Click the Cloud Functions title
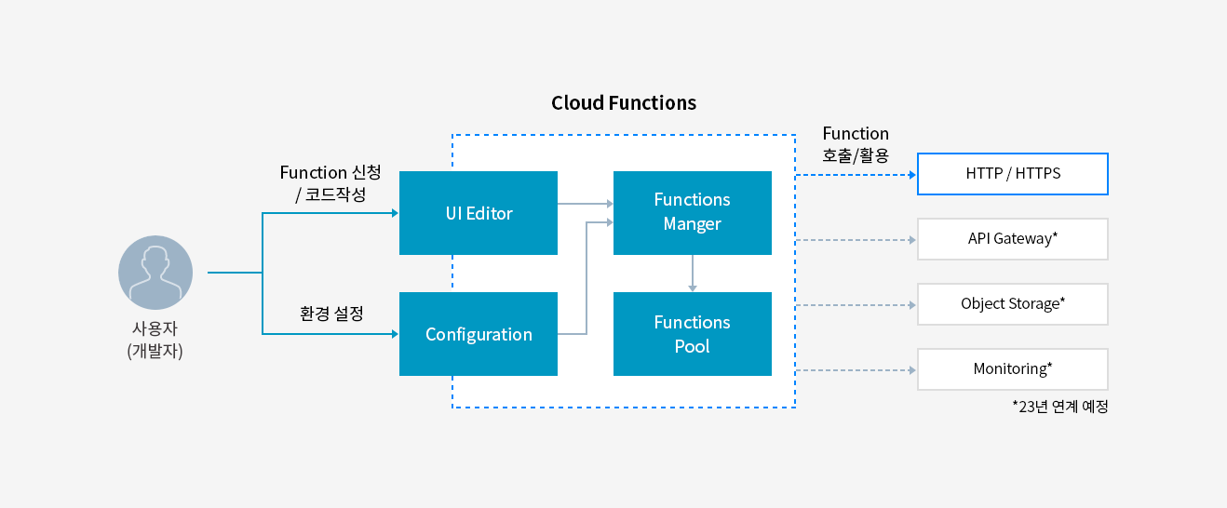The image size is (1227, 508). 623,103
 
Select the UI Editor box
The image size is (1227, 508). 478,213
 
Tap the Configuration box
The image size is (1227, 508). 478,334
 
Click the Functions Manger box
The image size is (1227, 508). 692,212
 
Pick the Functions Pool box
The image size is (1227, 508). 692,334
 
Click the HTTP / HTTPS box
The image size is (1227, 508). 1012,174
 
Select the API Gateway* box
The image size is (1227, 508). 1012,239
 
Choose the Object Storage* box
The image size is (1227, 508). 1012,304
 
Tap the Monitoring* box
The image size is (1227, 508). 1012,369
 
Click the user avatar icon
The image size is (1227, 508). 155,273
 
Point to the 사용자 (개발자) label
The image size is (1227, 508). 155,340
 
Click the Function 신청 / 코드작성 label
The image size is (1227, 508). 330,184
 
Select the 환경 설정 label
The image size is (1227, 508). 330,314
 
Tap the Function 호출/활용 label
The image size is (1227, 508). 856,144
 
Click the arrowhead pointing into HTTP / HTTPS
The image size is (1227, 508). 912,174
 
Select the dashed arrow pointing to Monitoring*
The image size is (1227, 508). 856,370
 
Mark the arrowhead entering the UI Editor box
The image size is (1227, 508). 394,213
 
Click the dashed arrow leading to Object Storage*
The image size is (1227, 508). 856,305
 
